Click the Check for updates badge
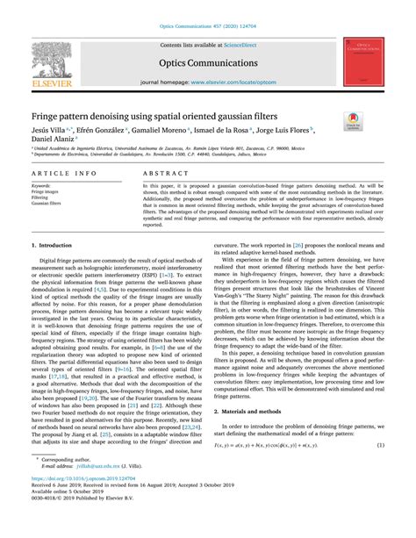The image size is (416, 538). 377,125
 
